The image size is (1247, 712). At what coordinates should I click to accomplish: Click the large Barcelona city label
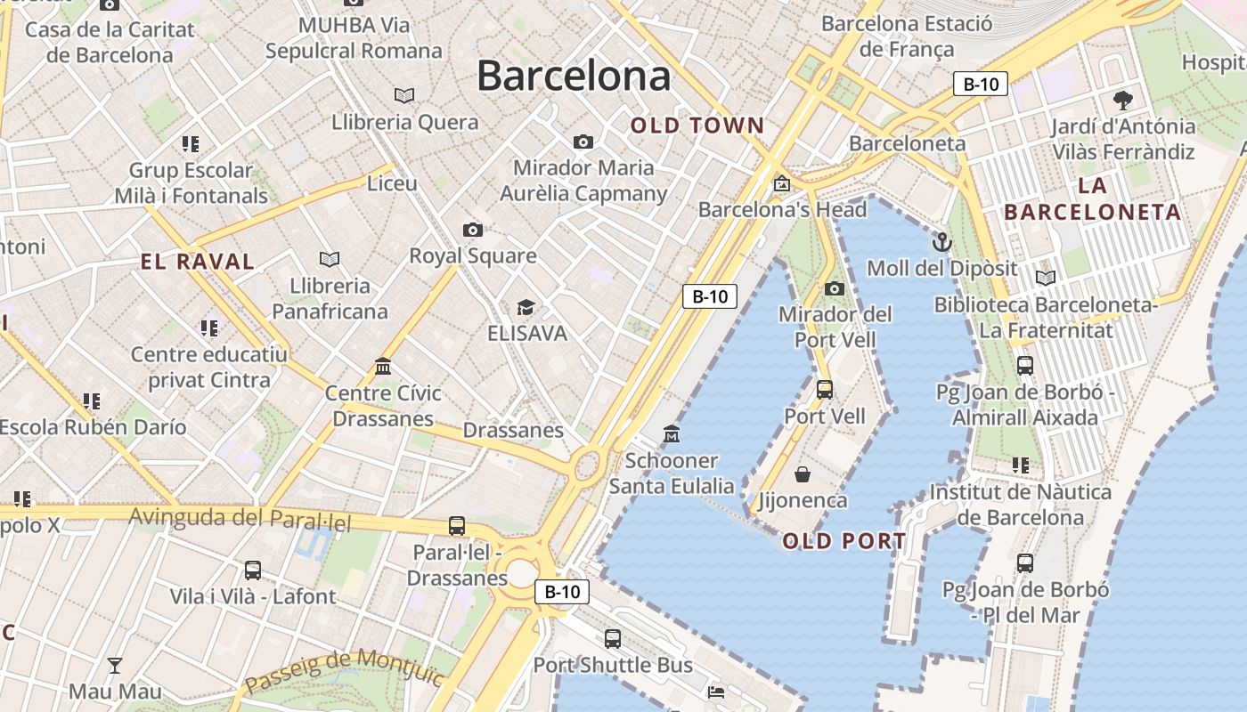point(574,77)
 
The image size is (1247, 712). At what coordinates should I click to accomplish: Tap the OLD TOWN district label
point(697,125)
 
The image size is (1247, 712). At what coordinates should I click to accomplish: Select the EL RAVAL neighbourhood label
point(198,262)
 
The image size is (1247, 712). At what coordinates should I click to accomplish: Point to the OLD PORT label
point(844,541)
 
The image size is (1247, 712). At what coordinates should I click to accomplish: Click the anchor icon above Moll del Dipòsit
point(941,241)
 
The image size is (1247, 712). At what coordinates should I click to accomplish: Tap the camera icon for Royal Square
point(473,231)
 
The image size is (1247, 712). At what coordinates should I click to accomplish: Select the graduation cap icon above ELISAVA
point(526,308)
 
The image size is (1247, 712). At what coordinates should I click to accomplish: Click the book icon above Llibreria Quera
point(404,95)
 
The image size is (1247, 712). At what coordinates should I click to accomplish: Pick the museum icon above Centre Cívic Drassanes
point(383,366)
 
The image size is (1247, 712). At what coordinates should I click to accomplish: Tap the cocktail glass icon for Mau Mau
point(115,665)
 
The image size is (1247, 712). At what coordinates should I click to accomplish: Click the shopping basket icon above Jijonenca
point(803,474)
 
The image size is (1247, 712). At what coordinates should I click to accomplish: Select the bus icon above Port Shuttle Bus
point(613,638)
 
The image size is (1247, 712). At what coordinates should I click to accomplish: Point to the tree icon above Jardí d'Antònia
point(1122,100)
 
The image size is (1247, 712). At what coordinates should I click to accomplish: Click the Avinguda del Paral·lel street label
point(240,519)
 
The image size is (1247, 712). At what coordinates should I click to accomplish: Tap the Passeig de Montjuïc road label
point(344,669)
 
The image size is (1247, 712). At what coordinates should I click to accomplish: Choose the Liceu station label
point(392,183)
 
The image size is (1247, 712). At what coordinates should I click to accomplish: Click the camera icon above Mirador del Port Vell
point(835,288)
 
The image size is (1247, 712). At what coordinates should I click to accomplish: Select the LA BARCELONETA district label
point(1092,199)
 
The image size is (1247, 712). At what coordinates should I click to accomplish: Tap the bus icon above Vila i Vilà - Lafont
point(253,570)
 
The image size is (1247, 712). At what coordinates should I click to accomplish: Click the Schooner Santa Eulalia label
point(672,473)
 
